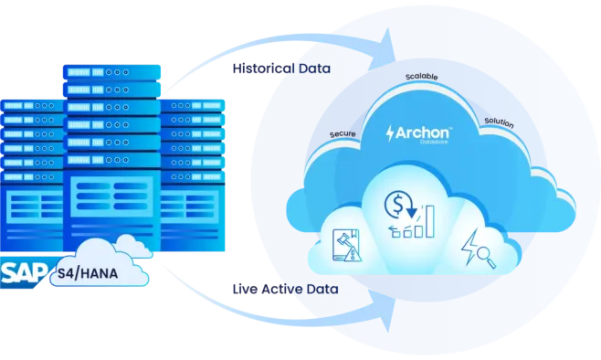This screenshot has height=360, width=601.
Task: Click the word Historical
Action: [x=264, y=69]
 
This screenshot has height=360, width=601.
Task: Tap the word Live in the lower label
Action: [x=245, y=289]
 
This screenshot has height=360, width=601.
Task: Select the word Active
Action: [x=280, y=289]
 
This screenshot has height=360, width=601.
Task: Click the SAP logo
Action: [x=24, y=273]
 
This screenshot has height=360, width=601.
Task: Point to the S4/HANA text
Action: [x=88, y=273]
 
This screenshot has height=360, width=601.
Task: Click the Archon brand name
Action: [x=423, y=132]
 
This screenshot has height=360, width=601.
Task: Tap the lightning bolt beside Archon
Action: [x=390, y=133]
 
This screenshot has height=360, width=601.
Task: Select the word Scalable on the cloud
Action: [x=422, y=77]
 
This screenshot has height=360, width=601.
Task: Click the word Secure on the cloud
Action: [x=343, y=133]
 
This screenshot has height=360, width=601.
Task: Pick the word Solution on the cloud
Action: [x=499, y=122]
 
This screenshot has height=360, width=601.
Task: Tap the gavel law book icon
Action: [x=346, y=246]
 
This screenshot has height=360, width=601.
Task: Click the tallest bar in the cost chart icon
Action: [x=430, y=221]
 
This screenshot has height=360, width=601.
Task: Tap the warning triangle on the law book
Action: [x=353, y=254]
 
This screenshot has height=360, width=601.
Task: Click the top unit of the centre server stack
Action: [x=111, y=72]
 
